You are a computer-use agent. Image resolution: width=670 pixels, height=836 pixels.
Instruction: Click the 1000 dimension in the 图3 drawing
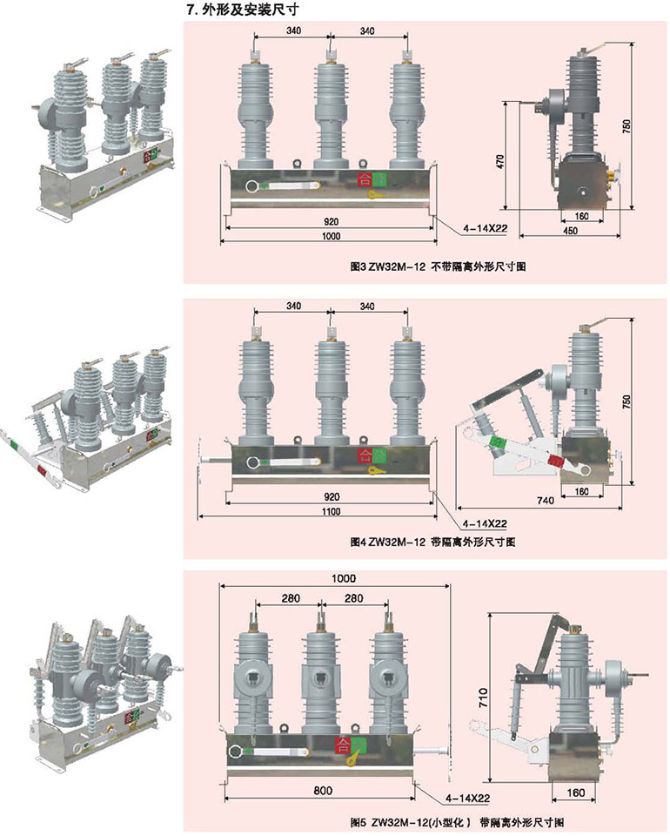pos(330,238)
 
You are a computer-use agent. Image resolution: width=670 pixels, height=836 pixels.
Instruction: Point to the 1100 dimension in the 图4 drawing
pos(330,511)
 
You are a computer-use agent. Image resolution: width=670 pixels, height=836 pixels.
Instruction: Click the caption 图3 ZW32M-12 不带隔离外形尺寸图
pos(424,266)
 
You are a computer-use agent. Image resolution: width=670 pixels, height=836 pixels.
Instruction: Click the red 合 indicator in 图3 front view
pos(362,181)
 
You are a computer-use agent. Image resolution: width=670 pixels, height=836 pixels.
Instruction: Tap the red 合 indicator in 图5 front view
pos(342,745)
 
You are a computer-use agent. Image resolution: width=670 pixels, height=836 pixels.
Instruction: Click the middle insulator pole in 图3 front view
pos(330,113)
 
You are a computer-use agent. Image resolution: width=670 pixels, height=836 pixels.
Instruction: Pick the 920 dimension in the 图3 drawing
pos(330,221)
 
